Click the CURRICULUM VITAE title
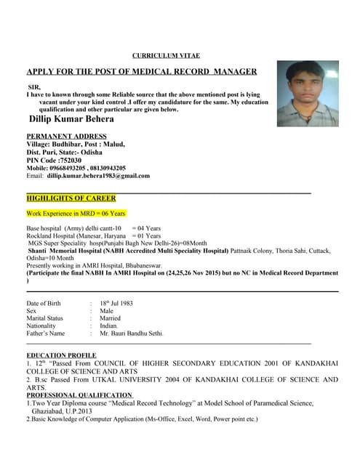tap(166, 55)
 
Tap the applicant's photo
tap(307, 94)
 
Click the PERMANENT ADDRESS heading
tap(66, 136)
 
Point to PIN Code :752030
tap(54, 160)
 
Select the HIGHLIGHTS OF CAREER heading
tap(71, 198)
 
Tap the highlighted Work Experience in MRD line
tap(76, 214)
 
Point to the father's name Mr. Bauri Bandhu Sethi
tap(132, 333)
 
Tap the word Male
tap(107, 310)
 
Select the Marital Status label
tap(45, 318)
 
